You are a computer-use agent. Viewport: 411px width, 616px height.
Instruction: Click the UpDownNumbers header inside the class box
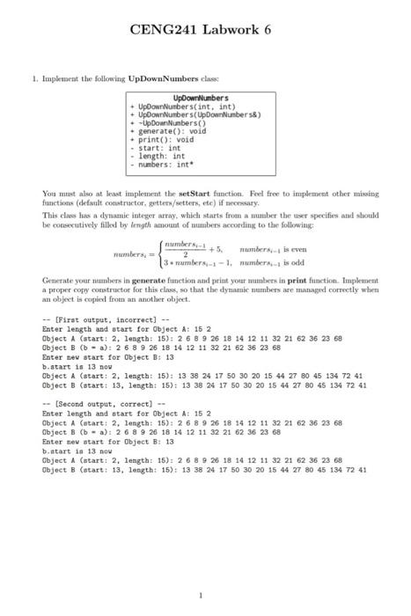(201, 98)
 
